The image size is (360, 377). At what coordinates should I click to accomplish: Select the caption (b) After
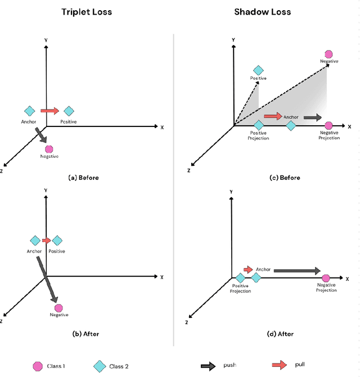86,334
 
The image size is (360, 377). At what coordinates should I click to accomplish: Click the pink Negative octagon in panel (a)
49,149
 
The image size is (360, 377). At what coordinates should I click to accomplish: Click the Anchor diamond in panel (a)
30,111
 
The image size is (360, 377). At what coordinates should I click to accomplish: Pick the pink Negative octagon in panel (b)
58,307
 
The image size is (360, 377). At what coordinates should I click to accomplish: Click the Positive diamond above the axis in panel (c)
258,70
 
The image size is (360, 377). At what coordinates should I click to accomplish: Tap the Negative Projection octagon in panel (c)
329,125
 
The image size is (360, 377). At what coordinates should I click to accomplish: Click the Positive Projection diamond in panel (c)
259,125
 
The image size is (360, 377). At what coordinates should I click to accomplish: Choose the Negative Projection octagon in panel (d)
326,278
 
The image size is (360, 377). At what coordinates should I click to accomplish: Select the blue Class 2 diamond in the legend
100,366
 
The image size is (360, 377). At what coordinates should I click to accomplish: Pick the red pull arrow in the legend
280,365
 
